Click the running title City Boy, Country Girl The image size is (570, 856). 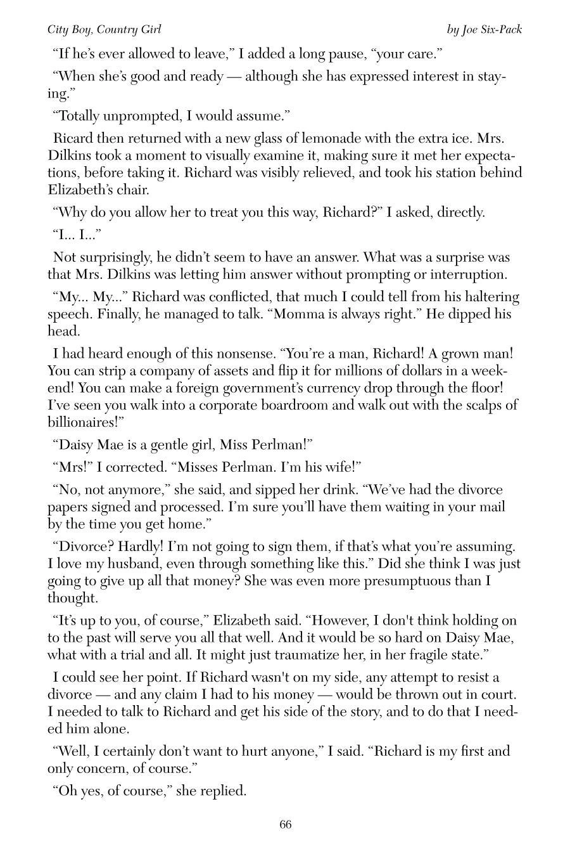[104, 30]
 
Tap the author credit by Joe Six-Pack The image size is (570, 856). [484, 30]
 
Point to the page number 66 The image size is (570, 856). [285, 824]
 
